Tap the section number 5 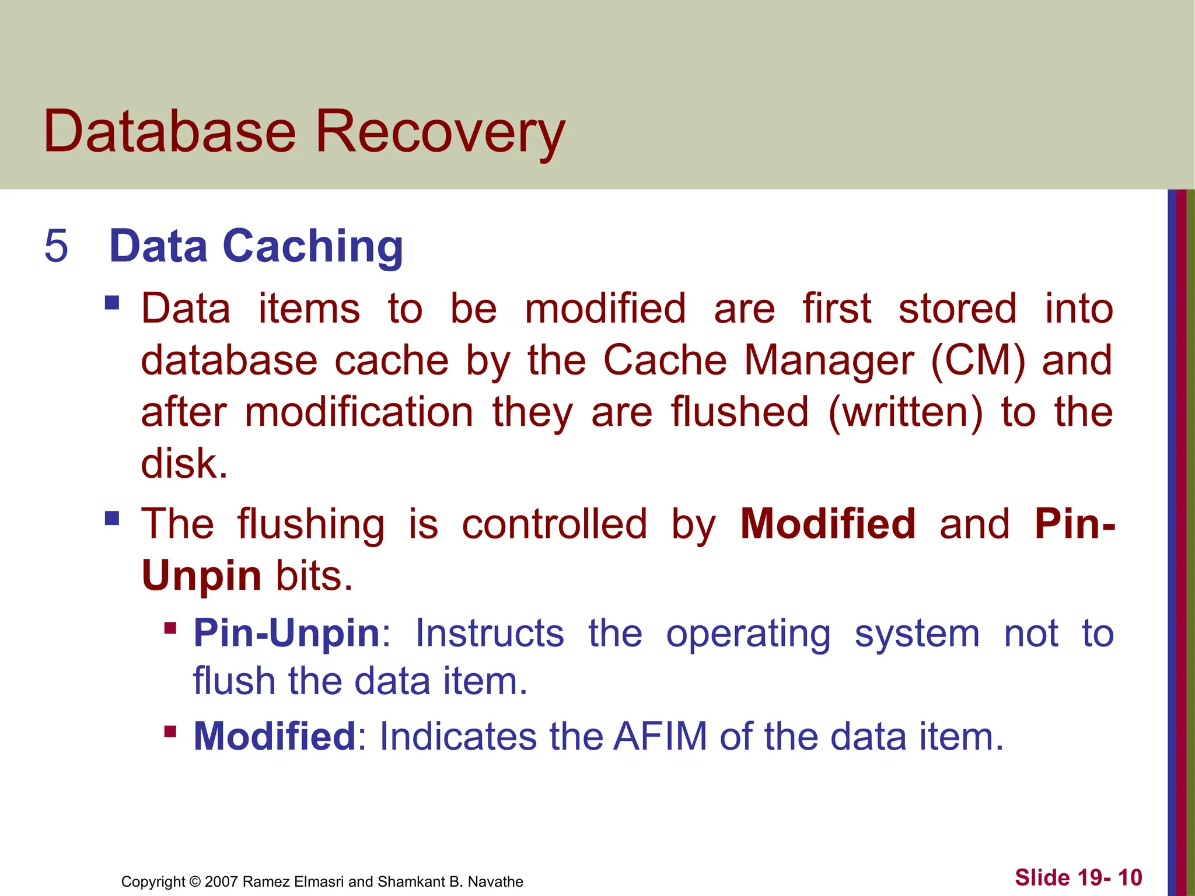(56, 246)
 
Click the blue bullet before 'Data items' (112, 303)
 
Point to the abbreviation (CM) (977, 360)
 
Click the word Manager (829, 360)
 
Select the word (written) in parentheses (905, 412)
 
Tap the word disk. (184, 464)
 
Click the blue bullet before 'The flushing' (112, 518)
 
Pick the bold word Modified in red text (828, 523)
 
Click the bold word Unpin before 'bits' (201, 575)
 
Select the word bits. (314, 575)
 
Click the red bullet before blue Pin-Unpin (170, 628)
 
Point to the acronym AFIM (660, 737)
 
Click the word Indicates (457, 737)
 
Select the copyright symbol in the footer (195, 881)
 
